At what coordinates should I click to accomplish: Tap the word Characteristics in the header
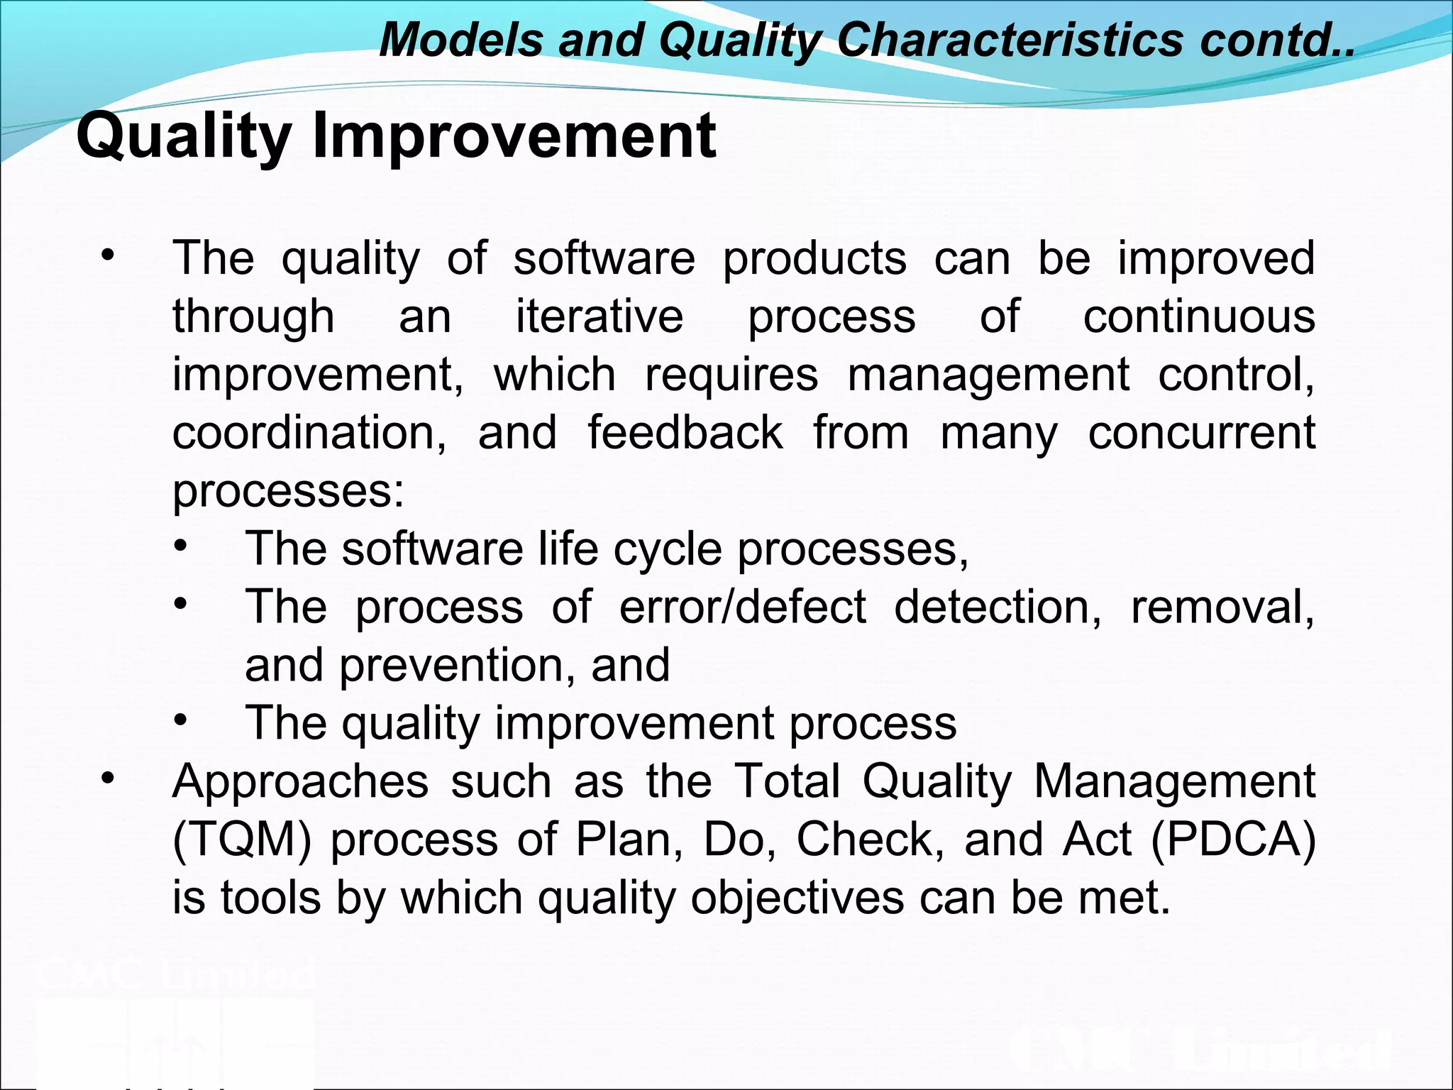coord(1010,39)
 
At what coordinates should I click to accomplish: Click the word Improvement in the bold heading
coord(514,136)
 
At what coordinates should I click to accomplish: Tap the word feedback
coord(685,432)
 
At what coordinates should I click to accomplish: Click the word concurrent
coord(1201,432)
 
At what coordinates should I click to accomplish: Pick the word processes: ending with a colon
coord(288,490)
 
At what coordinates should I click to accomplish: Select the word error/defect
coord(742,607)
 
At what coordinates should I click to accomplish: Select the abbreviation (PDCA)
coord(1233,839)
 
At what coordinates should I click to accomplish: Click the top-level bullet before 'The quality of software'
coord(107,255)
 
